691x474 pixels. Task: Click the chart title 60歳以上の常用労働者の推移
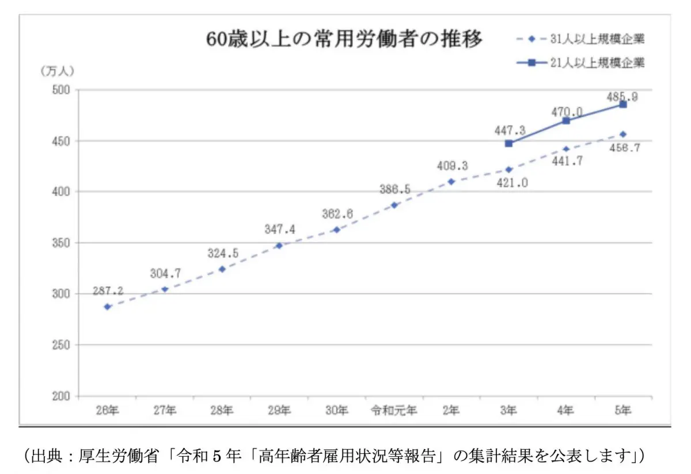(344, 40)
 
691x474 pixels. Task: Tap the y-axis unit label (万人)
(57, 71)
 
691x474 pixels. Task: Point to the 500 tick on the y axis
(60, 90)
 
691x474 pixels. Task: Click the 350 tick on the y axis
(60, 243)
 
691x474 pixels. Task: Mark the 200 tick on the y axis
(60, 396)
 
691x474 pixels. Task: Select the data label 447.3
(508, 129)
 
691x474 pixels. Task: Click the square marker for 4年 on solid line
(565, 121)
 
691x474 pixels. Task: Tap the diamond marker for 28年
(222, 269)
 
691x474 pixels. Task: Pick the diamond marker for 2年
(451, 182)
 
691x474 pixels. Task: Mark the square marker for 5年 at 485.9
(622, 104)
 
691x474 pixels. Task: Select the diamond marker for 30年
(336, 230)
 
